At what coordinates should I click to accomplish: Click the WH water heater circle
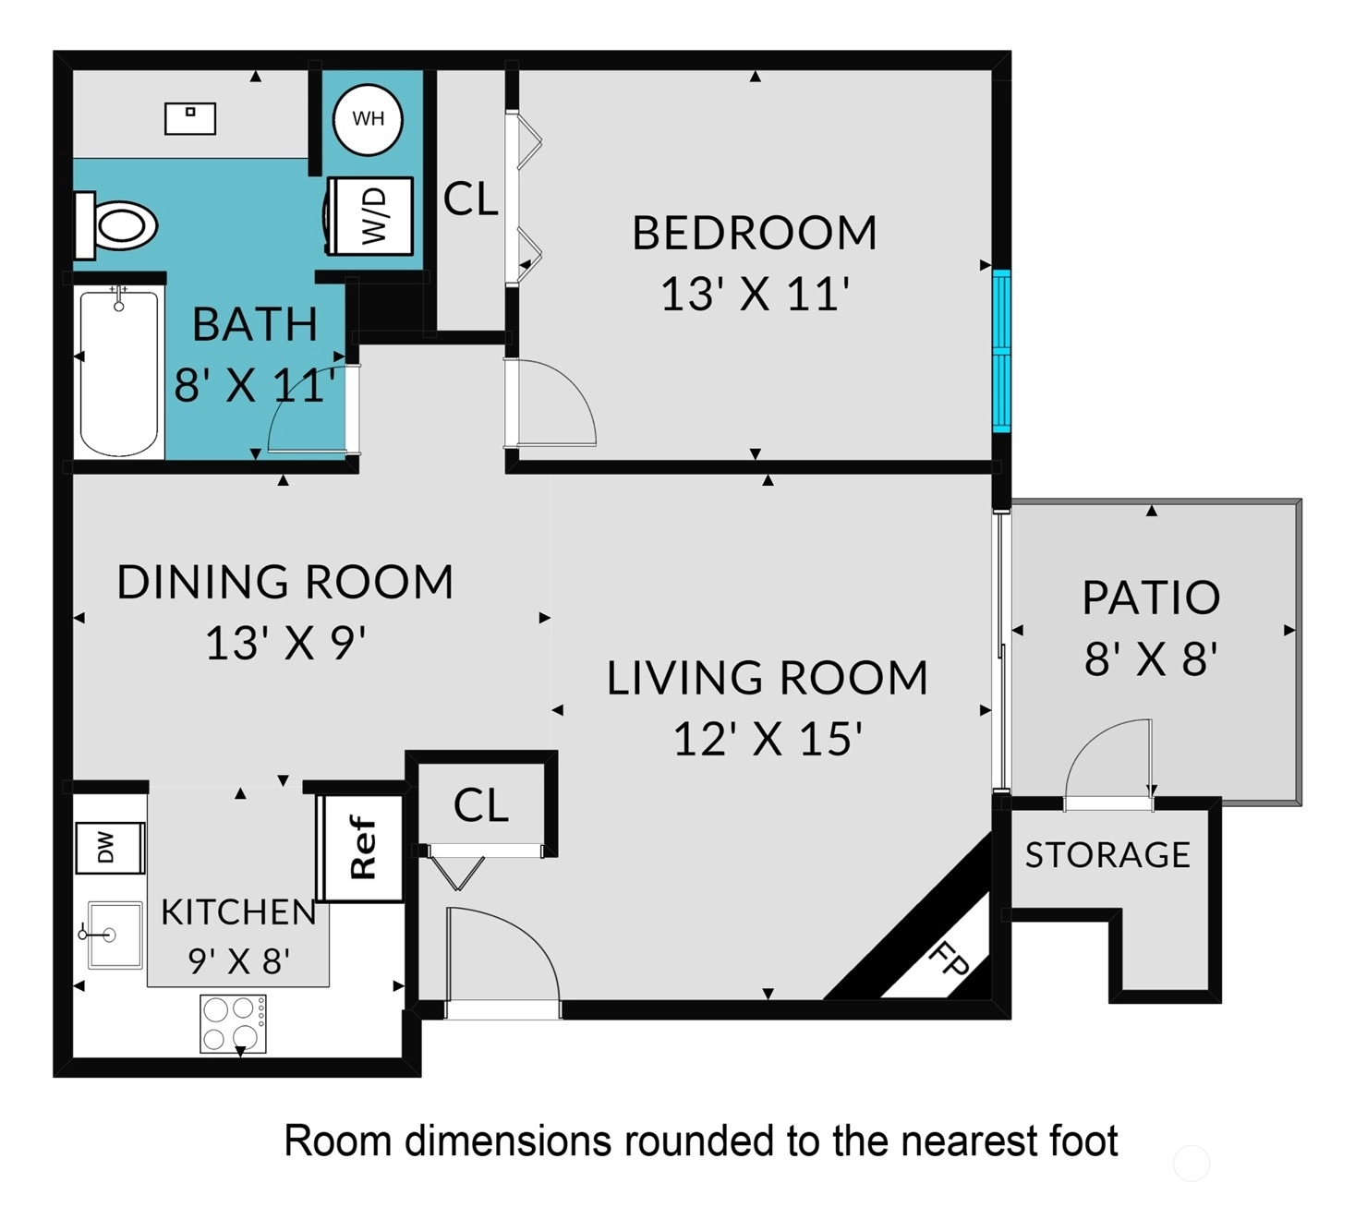(x=368, y=119)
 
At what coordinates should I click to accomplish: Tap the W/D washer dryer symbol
(x=369, y=216)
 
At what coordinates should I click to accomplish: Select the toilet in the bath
(x=115, y=225)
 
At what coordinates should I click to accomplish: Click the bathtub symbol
(x=119, y=372)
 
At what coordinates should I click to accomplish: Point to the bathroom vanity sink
(x=190, y=118)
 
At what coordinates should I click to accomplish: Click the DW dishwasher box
(x=110, y=848)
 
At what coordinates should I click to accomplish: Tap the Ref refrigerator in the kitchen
(x=362, y=847)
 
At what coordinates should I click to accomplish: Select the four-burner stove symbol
(x=234, y=1024)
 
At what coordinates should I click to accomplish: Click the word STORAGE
(x=1107, y=855)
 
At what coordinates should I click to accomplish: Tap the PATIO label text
(x=1151, y=597)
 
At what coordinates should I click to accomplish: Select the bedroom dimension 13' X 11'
(x=755, y=295)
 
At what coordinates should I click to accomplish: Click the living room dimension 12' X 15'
(x=768, y=739)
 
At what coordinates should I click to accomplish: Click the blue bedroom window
(x=1001, y=351)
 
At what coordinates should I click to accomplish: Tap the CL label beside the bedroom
(x=471, y=199)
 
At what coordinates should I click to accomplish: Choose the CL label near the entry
(x=481, y=805)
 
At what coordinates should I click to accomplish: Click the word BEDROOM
(x=755, y=234)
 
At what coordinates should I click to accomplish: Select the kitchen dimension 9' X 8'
(x=238, y=961)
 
